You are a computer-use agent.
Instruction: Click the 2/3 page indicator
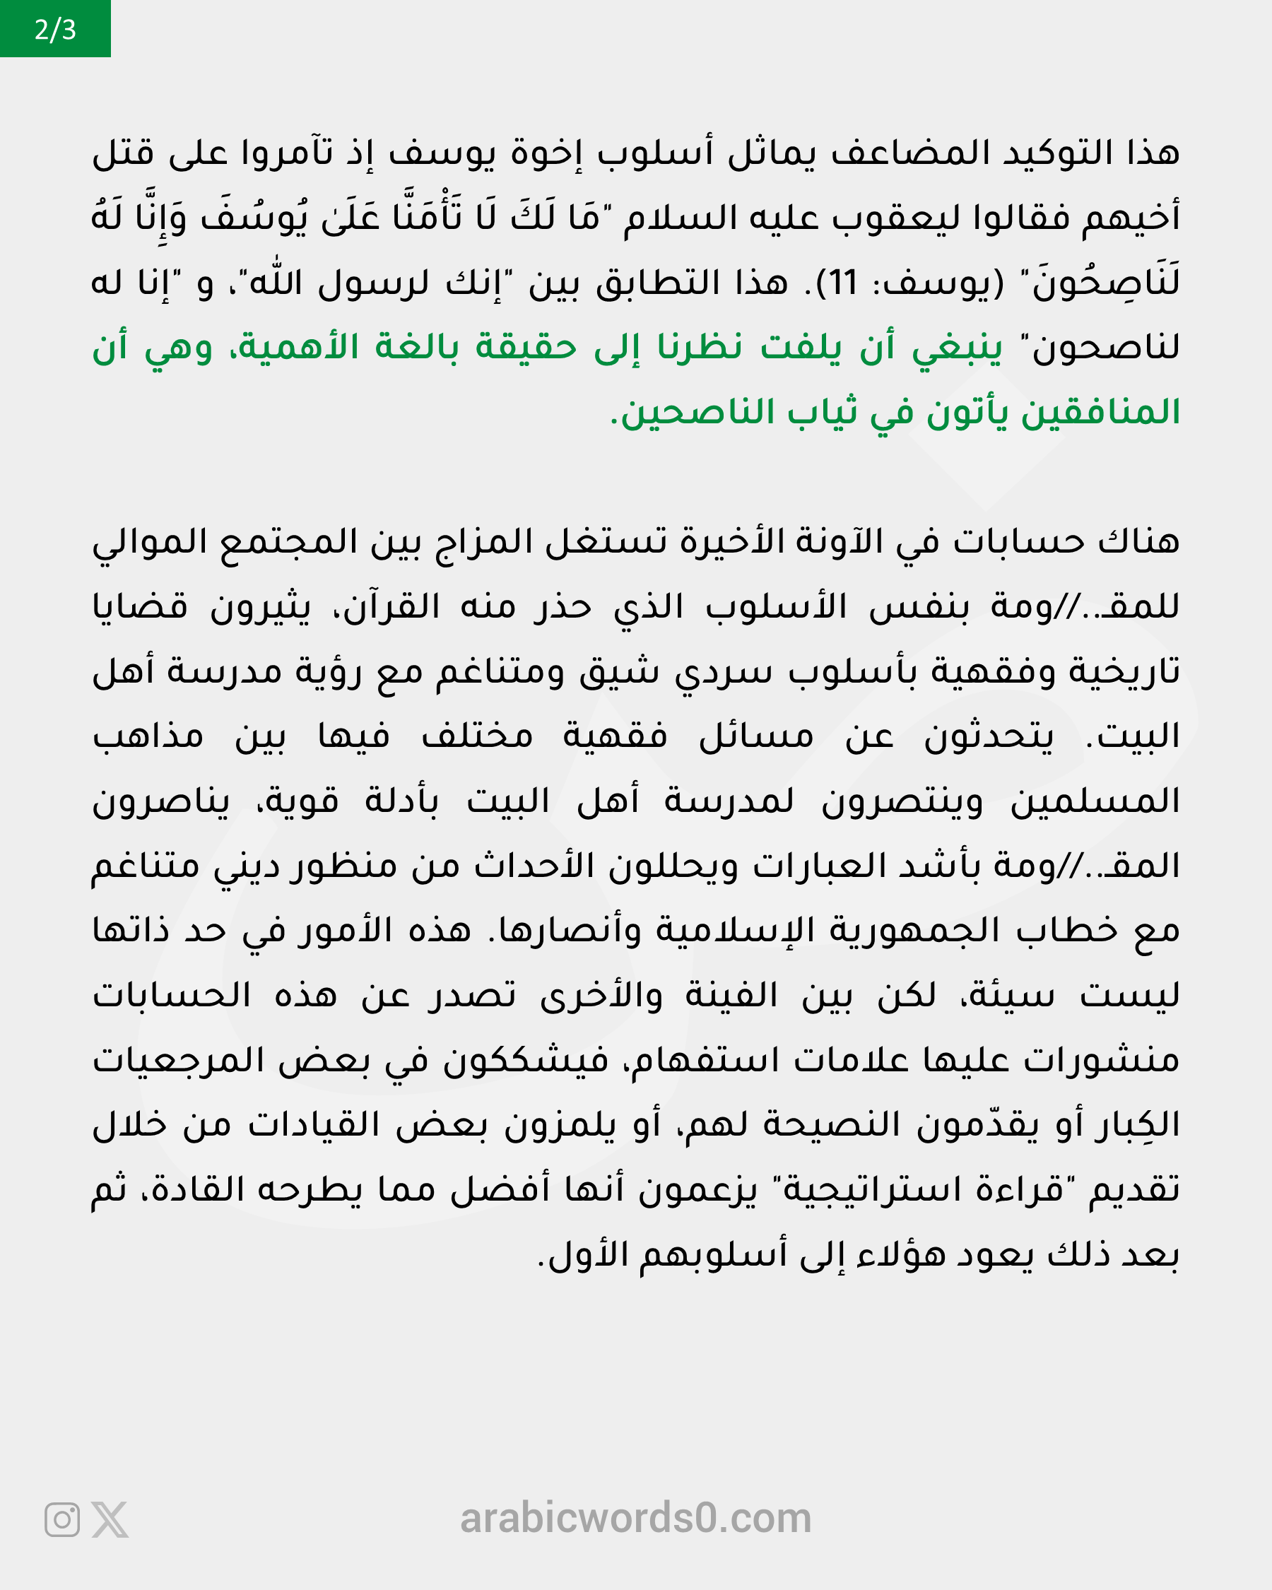tap(55, 29)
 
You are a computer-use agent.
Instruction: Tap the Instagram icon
tap(62, 1520)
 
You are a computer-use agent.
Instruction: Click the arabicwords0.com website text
tap(635, 1519)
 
